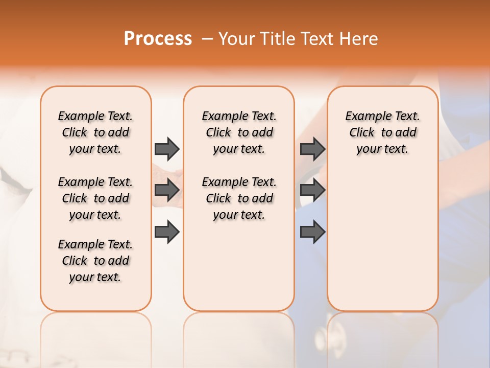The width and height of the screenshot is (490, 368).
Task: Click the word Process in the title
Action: click(158, 39)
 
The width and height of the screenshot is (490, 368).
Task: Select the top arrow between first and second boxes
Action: click(167, 149)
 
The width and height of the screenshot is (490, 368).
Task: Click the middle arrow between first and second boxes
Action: click(167, 190)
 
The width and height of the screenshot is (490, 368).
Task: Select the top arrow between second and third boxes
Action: click(312, 149)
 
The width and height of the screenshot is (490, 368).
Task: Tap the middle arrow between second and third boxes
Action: click(312, 190)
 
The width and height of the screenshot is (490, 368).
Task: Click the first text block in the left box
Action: click(95, 132)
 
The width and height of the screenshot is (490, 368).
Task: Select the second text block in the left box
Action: click(95, 198)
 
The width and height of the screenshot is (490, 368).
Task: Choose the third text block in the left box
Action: click(95, 261)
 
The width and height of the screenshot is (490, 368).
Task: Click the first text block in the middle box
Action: click(239, 132)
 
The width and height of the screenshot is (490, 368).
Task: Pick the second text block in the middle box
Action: click(239, 198)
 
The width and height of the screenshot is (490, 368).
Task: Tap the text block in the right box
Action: click(382, 132)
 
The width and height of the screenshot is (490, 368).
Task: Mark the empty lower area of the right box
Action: click(382, 240)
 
